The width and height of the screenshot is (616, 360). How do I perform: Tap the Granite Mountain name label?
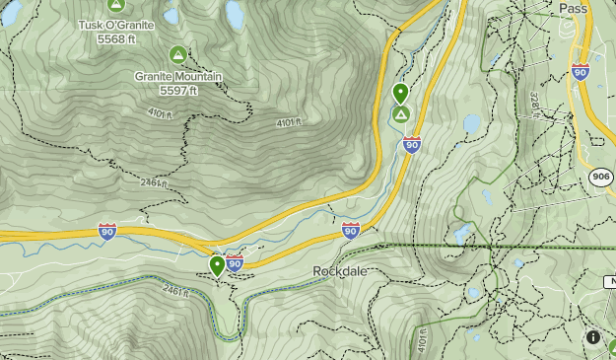point(178,76)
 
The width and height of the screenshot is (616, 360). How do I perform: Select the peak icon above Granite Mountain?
point(178,54)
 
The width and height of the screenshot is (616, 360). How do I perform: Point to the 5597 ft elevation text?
point(178,90)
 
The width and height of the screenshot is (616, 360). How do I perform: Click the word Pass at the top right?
point(600,8)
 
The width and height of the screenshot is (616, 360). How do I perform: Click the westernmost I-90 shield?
point(107,231)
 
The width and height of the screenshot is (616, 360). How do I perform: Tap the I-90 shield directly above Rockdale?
point(351,230)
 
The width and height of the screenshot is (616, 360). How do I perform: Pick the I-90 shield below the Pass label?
point(581,72)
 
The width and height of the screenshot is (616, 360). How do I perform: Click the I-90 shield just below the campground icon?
point(412,145)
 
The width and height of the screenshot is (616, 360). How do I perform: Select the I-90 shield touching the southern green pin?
point(235,262)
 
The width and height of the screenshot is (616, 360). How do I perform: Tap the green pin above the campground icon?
point(400,93)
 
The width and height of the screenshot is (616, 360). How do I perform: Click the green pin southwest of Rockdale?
point(218,264)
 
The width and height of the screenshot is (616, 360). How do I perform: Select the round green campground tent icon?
point(401,115)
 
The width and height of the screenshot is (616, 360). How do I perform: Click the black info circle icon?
point(593,337)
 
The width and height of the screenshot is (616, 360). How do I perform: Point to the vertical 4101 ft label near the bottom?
point(424,341)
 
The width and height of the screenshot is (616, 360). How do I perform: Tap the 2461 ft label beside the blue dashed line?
point(173,290)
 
